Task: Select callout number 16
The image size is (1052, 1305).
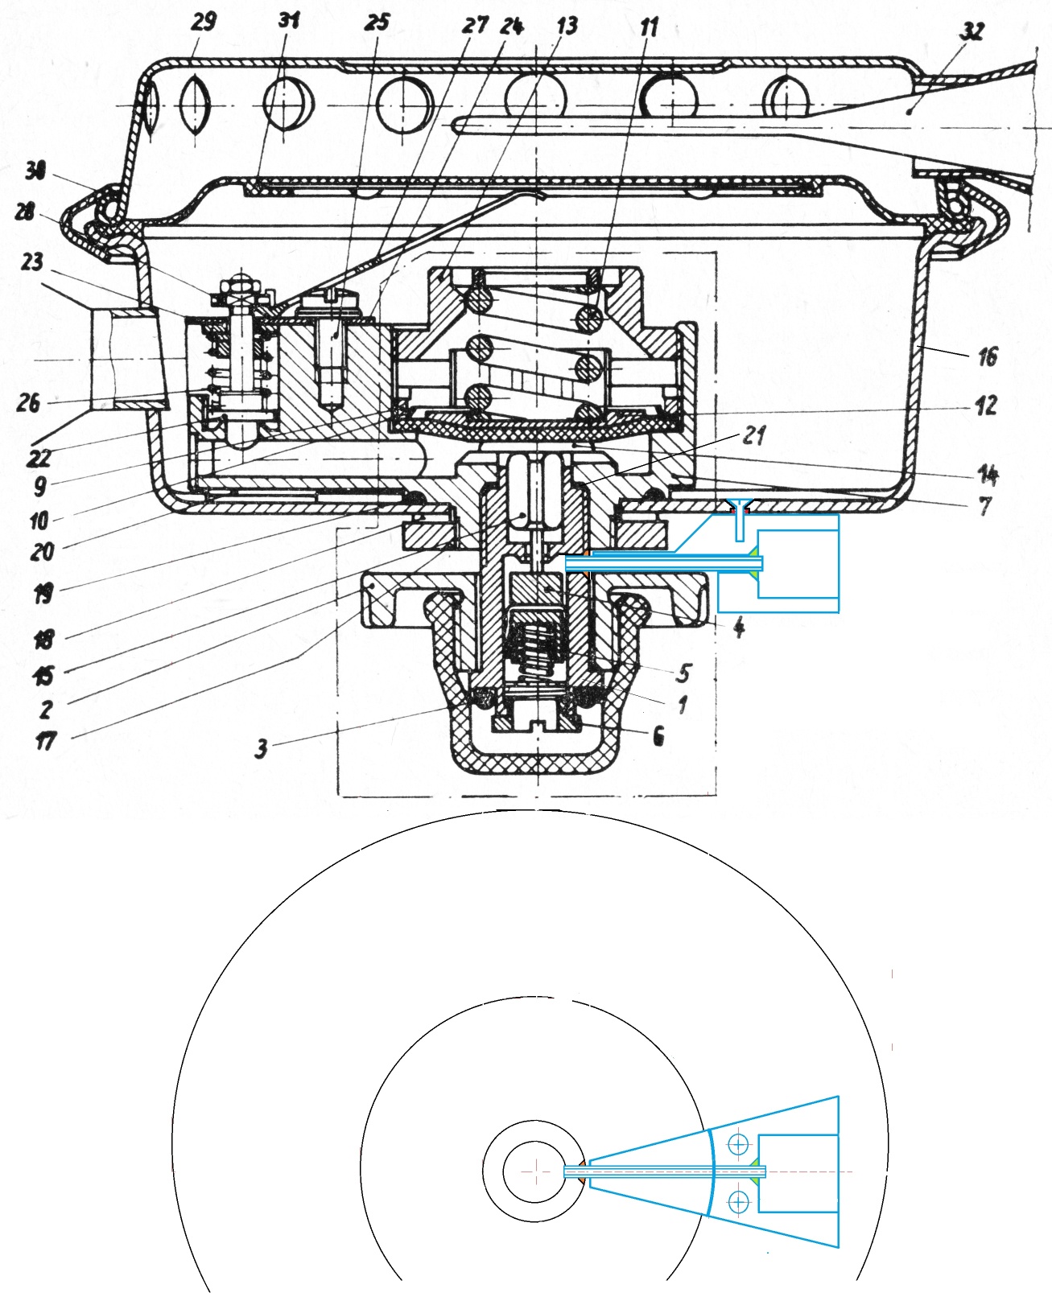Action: pos(987,356)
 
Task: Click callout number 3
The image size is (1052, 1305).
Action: pos(261,748)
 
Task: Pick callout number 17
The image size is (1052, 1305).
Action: pos(45,740)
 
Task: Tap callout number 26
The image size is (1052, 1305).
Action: pos(28,402)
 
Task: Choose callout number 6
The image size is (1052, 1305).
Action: pos(658,735)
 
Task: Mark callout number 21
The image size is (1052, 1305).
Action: pos(753,435)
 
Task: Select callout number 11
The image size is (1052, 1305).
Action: pos(649,27)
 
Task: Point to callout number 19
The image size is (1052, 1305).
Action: pos(43,594)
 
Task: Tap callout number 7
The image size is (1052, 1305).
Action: pos(985,506)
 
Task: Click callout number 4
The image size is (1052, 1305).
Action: pos(739,627)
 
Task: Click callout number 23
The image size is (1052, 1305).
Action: pos(32,261)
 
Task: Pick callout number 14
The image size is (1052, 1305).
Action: pos(988,475)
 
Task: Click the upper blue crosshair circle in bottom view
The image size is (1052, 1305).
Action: pos(738,1143)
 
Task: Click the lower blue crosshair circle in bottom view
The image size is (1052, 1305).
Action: pos(738,1202)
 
